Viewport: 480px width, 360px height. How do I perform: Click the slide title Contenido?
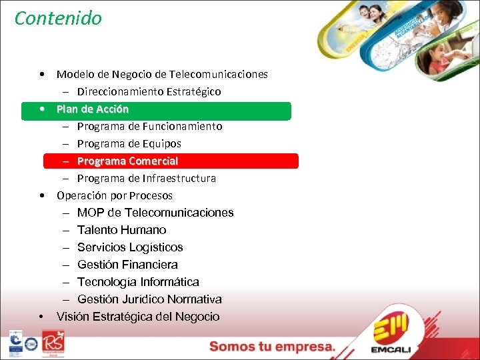[58, 18]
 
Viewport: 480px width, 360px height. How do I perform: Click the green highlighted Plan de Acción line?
[93, 109]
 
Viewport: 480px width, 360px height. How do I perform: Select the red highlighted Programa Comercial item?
[127, 161]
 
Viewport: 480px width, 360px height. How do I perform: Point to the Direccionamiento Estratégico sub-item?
[149, 91]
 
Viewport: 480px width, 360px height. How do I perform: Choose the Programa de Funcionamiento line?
[149, 127]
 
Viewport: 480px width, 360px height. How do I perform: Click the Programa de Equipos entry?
[129, 144]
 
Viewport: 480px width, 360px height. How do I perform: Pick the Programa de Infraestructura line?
[146, 179]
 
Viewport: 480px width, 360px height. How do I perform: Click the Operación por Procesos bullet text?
[114, 196]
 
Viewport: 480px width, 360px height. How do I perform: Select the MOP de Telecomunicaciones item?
[155, 213]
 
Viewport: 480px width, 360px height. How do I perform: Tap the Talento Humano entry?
[121, 231]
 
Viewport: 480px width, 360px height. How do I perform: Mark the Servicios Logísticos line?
[130, 248]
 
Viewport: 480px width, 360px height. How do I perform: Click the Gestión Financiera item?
[127, 265]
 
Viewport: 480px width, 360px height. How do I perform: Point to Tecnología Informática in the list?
[138, 283]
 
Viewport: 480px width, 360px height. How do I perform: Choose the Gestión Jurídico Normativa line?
[149, 300]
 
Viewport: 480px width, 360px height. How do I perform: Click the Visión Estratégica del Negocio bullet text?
[138, 317]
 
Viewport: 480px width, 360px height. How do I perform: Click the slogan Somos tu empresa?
[273, 347]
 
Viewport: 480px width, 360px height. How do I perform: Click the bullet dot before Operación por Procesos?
[42, 196]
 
